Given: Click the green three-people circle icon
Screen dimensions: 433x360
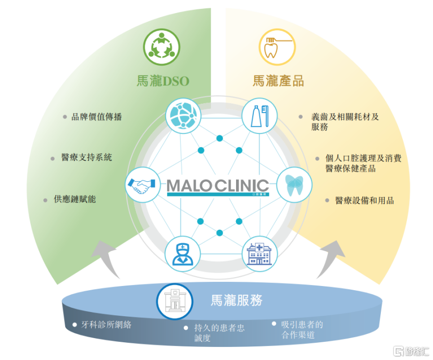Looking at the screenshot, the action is [x=162, y=47].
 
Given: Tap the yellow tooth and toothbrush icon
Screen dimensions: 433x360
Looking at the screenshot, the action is [x=277, y=47].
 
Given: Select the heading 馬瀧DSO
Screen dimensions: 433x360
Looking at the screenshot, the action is [x=163, y=81].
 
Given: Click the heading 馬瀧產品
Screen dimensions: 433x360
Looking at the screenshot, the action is [x=278, y=81].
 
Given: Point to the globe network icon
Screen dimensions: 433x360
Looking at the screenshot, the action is [x=183, y=116].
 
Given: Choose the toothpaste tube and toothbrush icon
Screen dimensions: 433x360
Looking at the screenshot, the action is [x=259, y=116].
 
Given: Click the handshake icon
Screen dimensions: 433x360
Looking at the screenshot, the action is [x=143, y=185].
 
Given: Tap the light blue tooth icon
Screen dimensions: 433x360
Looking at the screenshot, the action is [x=294, y=185].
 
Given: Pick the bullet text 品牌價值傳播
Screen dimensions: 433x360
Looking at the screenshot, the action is [x=96, y=117].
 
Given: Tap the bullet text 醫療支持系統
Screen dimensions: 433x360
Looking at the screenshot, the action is [x=86, y=157].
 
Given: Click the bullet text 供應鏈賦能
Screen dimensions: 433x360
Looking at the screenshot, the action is [x=75, y=199].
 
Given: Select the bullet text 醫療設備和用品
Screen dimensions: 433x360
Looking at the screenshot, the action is [x=365, y=201].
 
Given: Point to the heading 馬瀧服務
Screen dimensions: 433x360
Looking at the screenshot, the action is [x=237, y=300].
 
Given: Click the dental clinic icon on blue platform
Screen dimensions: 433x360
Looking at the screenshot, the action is [x=175, y=302].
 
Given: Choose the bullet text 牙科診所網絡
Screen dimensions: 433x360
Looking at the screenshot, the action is [x=106, y=325].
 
